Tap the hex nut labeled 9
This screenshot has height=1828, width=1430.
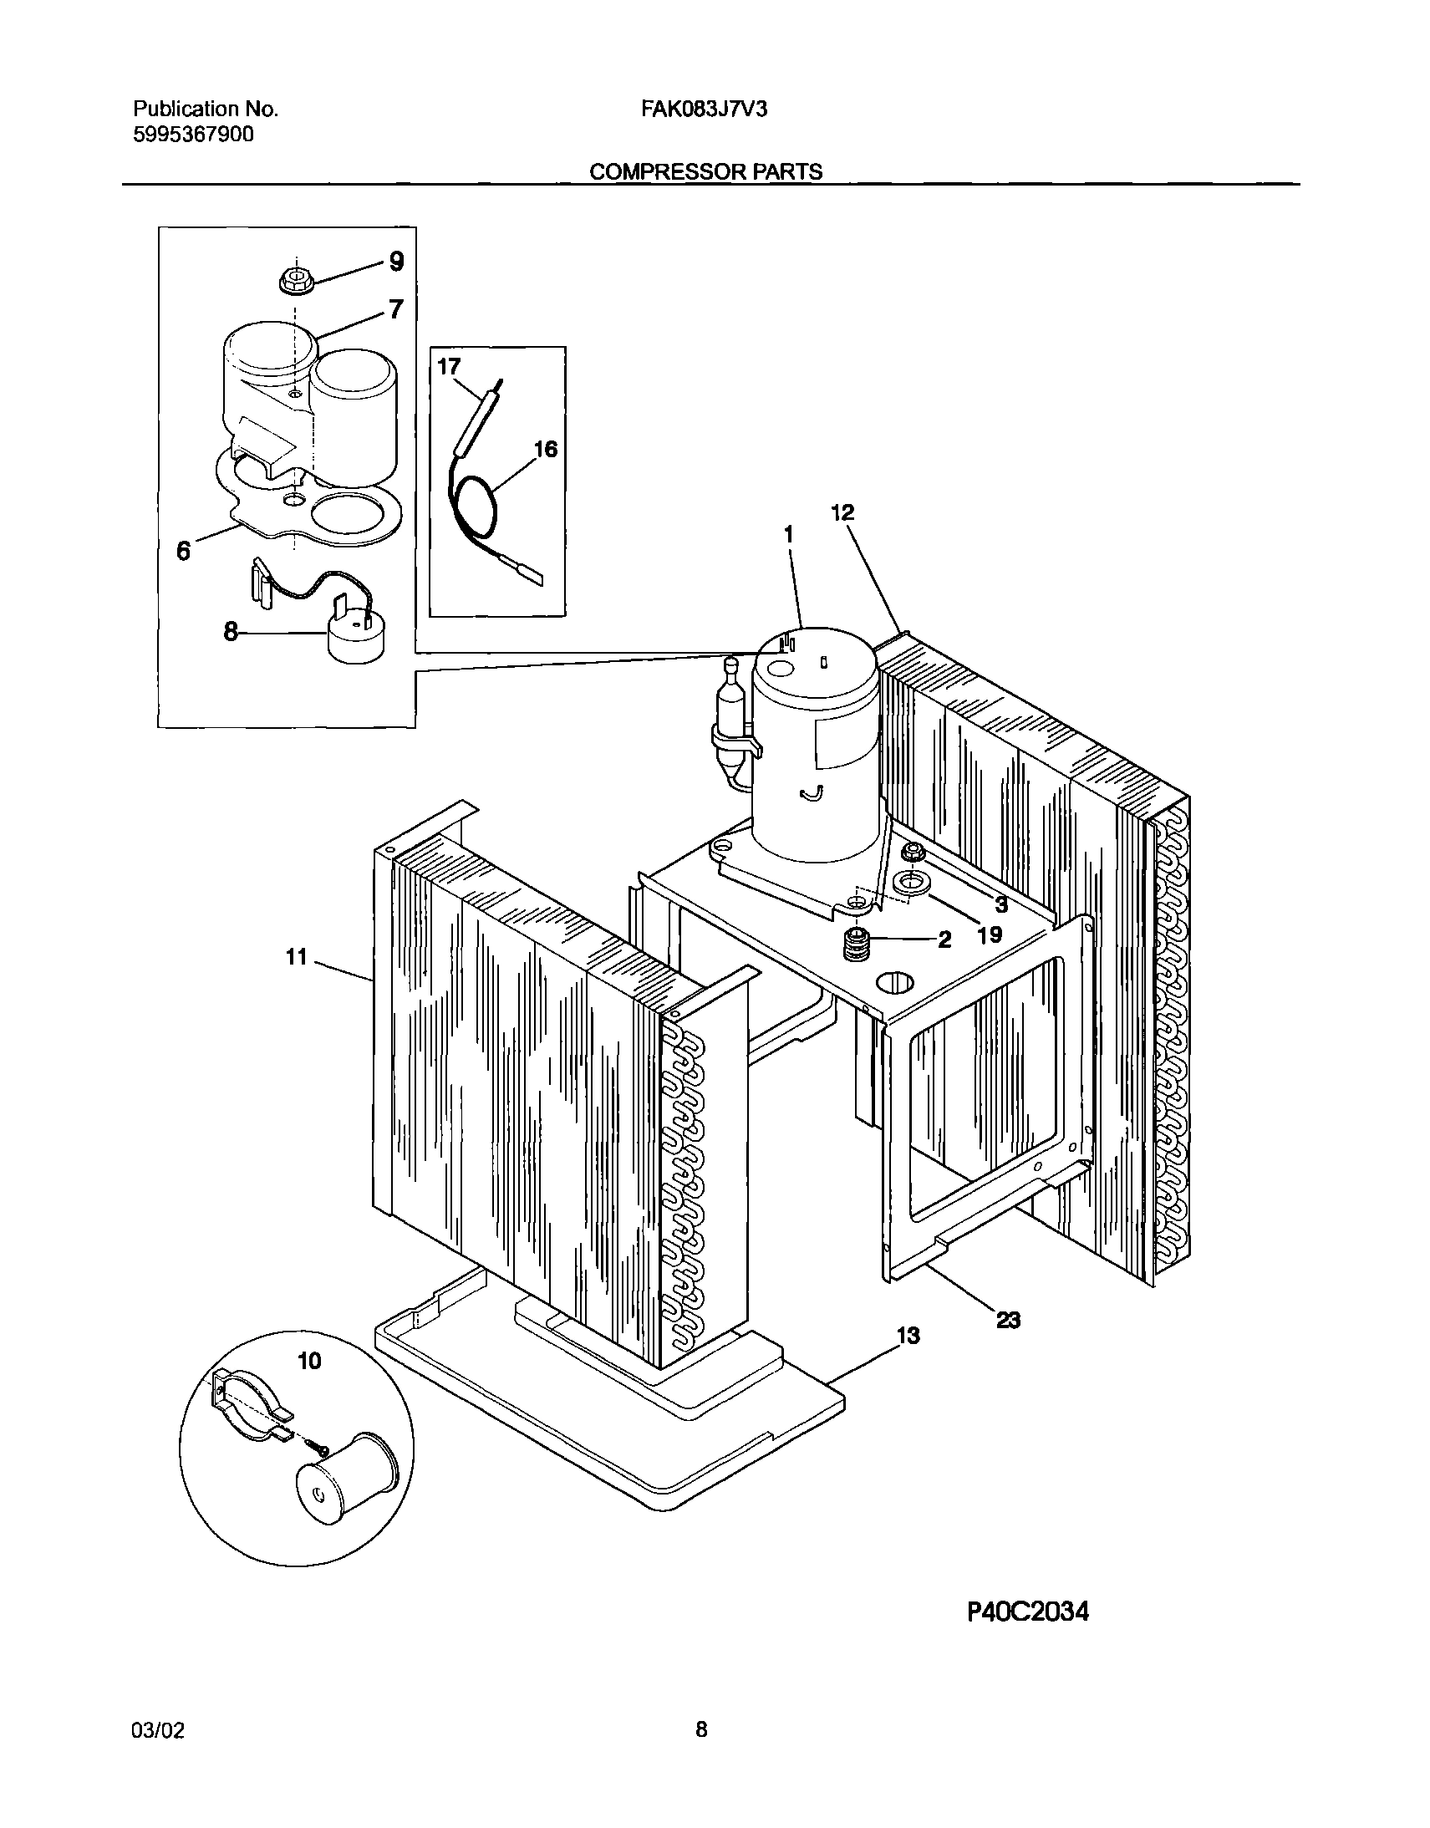point(295,280)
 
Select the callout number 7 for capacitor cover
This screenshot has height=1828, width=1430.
point(396,309)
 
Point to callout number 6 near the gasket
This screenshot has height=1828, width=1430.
point(183,550)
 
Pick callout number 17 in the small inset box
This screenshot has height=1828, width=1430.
point(449,367)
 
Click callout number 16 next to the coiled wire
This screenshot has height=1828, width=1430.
point(545,450)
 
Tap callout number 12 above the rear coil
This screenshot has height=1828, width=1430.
point(842,512)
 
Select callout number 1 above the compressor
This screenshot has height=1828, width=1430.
point(787,534)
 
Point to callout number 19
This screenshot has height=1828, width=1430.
point(990,934)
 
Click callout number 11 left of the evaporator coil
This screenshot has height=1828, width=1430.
point(298,956)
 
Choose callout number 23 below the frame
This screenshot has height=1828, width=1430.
point(1008,1321)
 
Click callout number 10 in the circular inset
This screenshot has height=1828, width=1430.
point(309,1362)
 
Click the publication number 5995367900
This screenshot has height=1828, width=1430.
point(193,135)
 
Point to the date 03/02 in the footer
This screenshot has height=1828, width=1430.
point(157,1730)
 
